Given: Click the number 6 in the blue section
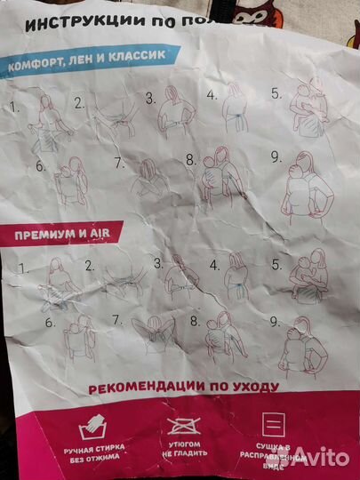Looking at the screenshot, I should tap(40, 166).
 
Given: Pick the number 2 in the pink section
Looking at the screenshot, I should tap(89, 265).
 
